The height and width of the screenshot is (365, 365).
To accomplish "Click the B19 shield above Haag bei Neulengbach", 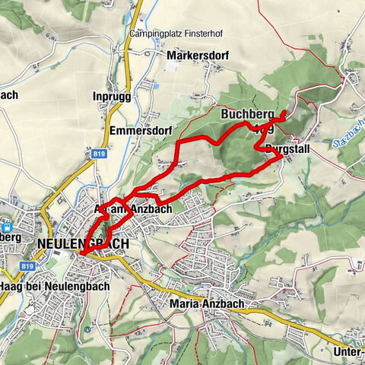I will (x=28, y=266).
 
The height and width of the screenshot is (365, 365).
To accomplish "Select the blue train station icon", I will (x=8, y=226).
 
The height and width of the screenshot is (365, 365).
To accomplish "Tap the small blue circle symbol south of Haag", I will (x=88, y=330).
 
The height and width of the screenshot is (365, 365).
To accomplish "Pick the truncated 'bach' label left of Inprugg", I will (x=9, y=96).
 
